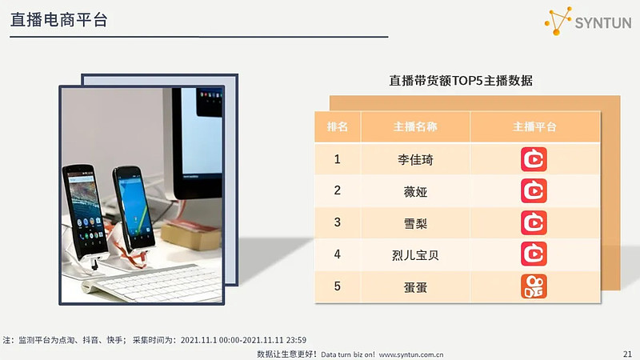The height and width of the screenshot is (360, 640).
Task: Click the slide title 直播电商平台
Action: pos(58,19)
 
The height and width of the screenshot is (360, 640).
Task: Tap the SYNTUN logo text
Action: pos(603,23)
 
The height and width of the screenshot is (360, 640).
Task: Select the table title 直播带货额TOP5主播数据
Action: pos(461,81)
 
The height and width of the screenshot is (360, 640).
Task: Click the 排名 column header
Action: pos(337,126)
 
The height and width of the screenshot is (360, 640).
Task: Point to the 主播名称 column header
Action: pos(415,126)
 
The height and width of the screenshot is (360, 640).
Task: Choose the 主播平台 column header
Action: pos(534,126)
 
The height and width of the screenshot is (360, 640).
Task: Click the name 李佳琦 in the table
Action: pos(415,159)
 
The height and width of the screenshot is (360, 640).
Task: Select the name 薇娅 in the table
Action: pos(415,191)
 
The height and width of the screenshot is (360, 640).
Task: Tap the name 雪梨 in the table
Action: pos(415,223)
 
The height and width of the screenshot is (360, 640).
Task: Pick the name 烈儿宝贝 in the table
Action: pos(415,255)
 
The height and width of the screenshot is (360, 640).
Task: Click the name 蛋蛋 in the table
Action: pos(415,287)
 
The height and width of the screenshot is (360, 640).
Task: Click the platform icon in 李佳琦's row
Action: pos(534,159)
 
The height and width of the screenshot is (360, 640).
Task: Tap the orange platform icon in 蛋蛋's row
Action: pos(534,286)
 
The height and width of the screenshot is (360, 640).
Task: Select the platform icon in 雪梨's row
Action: pos(534,223)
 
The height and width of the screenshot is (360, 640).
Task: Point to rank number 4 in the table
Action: pos(337,254)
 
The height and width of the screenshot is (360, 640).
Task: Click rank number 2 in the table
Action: pos(337,190)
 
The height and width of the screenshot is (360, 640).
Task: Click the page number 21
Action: pos(627,354)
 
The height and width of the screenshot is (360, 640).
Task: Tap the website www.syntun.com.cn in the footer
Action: pos(411,354)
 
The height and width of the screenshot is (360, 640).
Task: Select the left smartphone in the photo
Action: pos(85,213)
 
